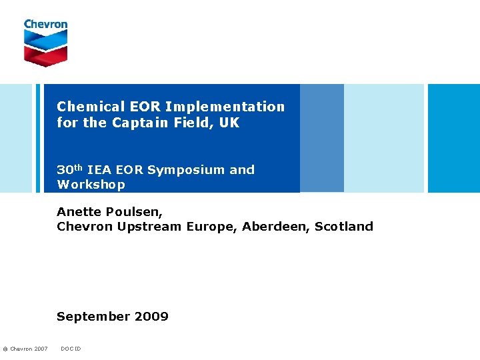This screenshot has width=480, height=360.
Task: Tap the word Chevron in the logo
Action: click(45, 25)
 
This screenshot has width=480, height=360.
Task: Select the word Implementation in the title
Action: click(225, 107)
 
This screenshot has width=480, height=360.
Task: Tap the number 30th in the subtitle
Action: click(70, 169)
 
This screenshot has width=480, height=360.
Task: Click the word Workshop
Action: click(91, 185)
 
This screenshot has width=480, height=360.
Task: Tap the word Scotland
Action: click(344, 227)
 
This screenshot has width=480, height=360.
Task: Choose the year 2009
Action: click(153, 317)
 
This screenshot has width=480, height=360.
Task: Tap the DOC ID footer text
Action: click(71, 349)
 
